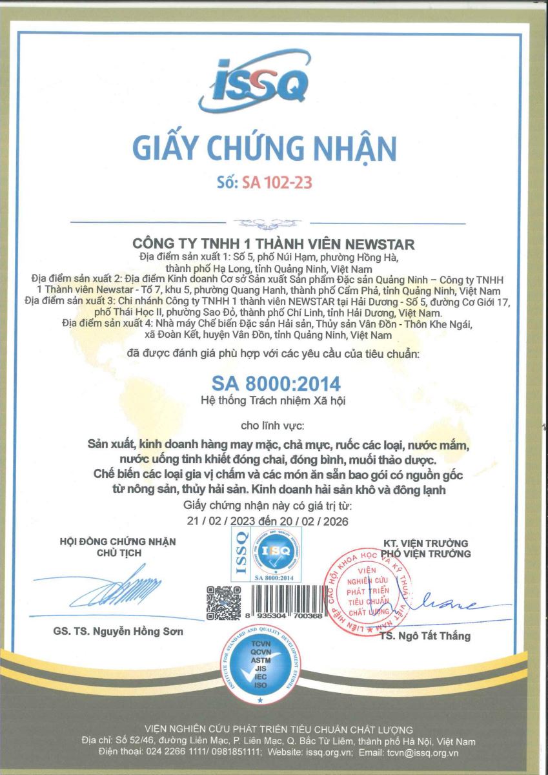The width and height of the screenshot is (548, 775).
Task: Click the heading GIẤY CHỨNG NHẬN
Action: pos(265,147)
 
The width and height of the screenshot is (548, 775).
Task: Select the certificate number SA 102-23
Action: pos(277,183)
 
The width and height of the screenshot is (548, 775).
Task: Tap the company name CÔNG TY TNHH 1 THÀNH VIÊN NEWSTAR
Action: pos(274,244)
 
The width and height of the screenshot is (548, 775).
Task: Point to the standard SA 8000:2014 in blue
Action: pos(276,384)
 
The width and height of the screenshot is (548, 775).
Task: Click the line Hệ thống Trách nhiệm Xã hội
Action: pos(274,401)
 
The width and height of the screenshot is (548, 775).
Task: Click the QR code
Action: pos(223,602)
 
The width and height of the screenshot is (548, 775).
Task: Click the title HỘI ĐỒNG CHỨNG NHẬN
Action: pos(117,541)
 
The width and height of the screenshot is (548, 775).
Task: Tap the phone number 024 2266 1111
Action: pos(174,752)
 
